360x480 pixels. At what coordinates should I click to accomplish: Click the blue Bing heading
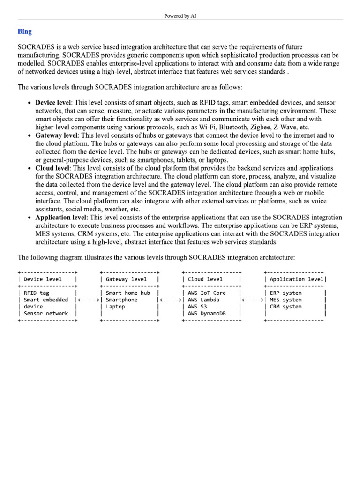[25, 32]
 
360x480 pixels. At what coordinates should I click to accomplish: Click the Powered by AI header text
[180, 16]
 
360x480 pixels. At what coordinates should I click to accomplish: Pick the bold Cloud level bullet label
[52, 168]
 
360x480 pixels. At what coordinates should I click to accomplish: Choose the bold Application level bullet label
[61, 217]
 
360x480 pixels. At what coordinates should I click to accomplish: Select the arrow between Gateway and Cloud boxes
[171, 300]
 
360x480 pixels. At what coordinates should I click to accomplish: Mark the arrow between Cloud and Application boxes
[253, 300]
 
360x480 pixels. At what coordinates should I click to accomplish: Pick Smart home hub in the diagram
[128, 293]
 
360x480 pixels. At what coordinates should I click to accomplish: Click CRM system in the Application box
[285, 307]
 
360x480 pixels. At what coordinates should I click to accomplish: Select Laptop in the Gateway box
[116, 307]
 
